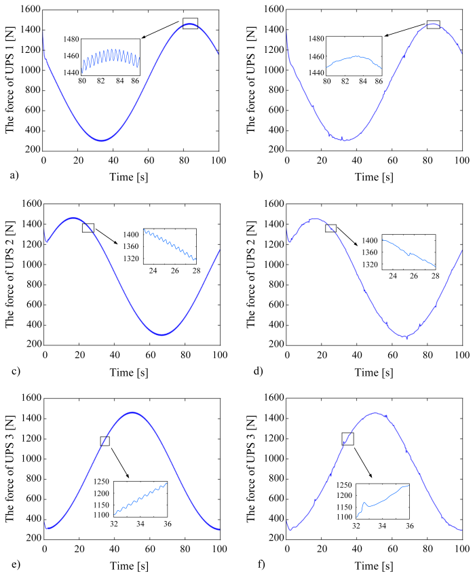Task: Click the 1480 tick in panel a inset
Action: [x=71, y=40]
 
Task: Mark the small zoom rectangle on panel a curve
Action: [x=190, y=24]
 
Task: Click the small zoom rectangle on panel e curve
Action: [x=104, y=441]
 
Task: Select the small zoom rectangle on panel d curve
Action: [x=330, y=228]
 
